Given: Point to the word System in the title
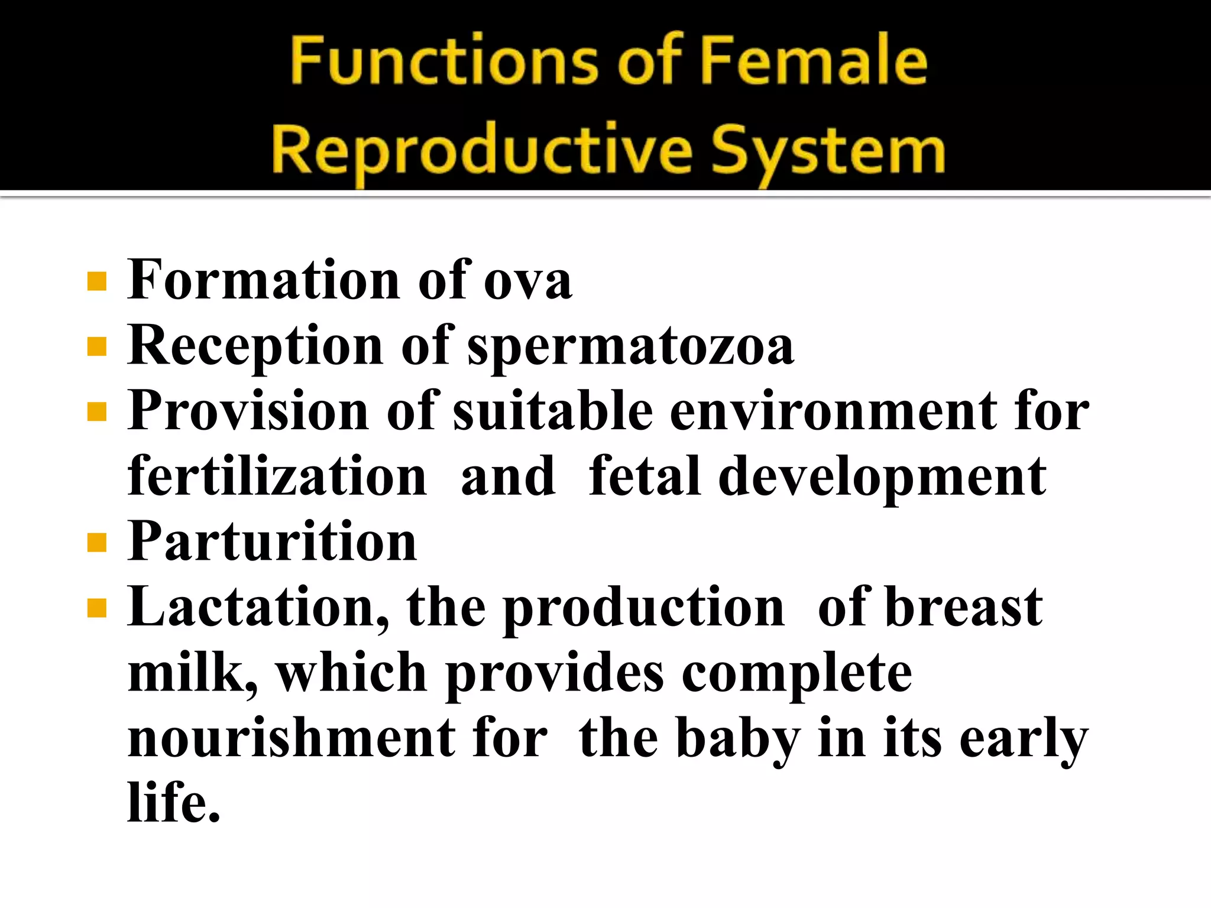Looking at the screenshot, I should pos(828,153).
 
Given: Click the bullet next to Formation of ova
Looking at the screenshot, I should pos(96,281).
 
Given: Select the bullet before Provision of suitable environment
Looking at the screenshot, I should pos(96,412).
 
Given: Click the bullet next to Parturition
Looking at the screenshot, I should pos(96,543).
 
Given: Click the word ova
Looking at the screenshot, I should pos(527,281).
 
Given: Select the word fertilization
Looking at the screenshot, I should pos(277,476).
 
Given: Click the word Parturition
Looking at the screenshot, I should pos(272,543).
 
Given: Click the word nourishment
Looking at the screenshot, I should pos(291,739).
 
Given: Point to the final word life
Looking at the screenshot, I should pos(174,803).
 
